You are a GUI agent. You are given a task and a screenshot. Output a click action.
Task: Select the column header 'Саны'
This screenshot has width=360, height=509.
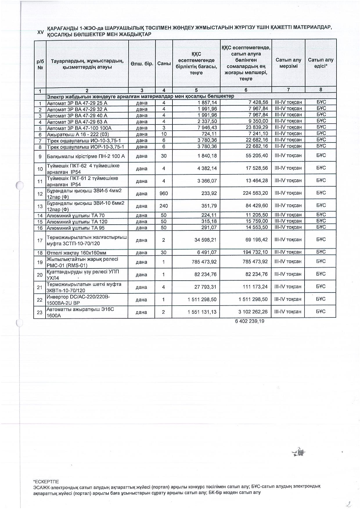coord(164,63)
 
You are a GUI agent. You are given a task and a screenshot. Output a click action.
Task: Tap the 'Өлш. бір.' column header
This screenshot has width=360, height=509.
coord(142,63)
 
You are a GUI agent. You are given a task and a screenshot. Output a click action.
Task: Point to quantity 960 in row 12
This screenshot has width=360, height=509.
coord(164,193)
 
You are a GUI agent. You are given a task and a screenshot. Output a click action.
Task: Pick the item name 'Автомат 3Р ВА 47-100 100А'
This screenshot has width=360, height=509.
coord(79,128)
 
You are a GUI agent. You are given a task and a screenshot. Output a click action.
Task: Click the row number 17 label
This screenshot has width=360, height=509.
coord(40,240)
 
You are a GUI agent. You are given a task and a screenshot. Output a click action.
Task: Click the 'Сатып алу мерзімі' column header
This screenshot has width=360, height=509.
coord(288,63)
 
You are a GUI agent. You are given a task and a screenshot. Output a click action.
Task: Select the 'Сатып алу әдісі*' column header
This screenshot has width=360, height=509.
coord(321,63)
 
